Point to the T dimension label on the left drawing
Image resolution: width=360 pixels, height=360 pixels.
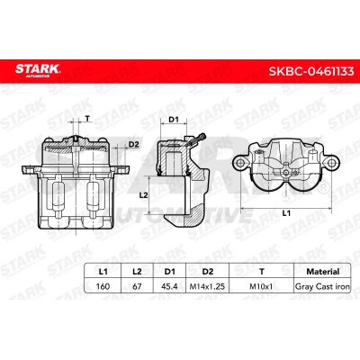(x=86, y=119)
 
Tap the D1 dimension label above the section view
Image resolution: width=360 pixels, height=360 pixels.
(x=175, y=119)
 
